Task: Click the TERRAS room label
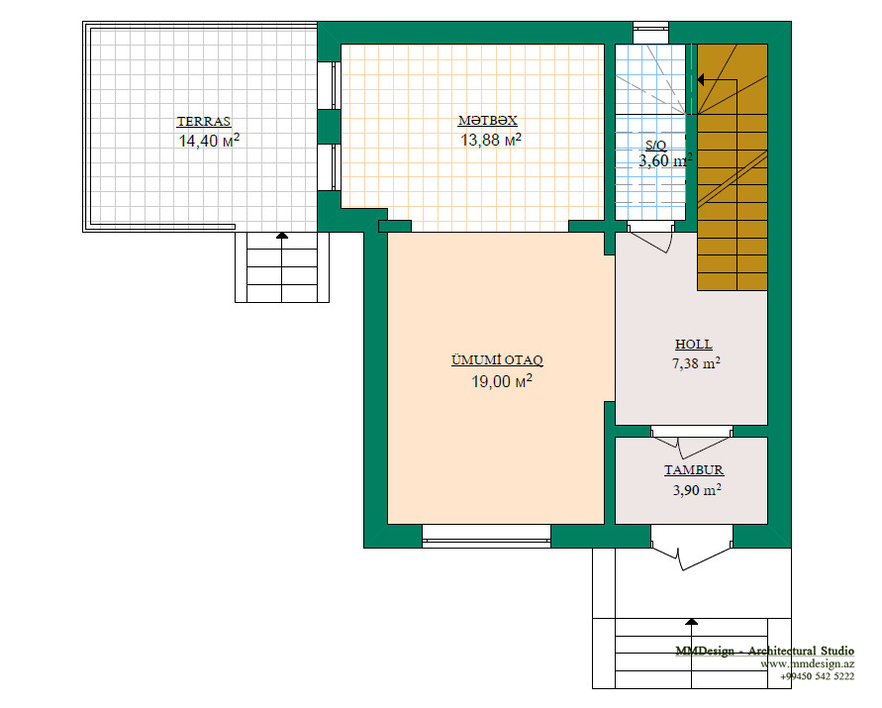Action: [204, 122]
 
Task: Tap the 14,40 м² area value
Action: [209, 141]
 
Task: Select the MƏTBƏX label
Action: [488, 121]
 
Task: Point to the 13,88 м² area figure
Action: [491, 139]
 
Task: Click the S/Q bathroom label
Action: [656, 146]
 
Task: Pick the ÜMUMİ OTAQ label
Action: [497, 360]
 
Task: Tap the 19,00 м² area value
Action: [502, 381]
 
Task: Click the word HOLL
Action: [694, 345]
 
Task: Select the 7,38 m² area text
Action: [696, 363]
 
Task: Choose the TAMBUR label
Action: [694, 470]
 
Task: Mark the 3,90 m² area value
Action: [697, 489]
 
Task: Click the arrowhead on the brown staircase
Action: [700, 80]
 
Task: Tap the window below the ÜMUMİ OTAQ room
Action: [487, 536]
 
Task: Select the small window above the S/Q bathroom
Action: [650, 33]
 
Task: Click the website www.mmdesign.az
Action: [807, 664]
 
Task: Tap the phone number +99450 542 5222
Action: [817, 676]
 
